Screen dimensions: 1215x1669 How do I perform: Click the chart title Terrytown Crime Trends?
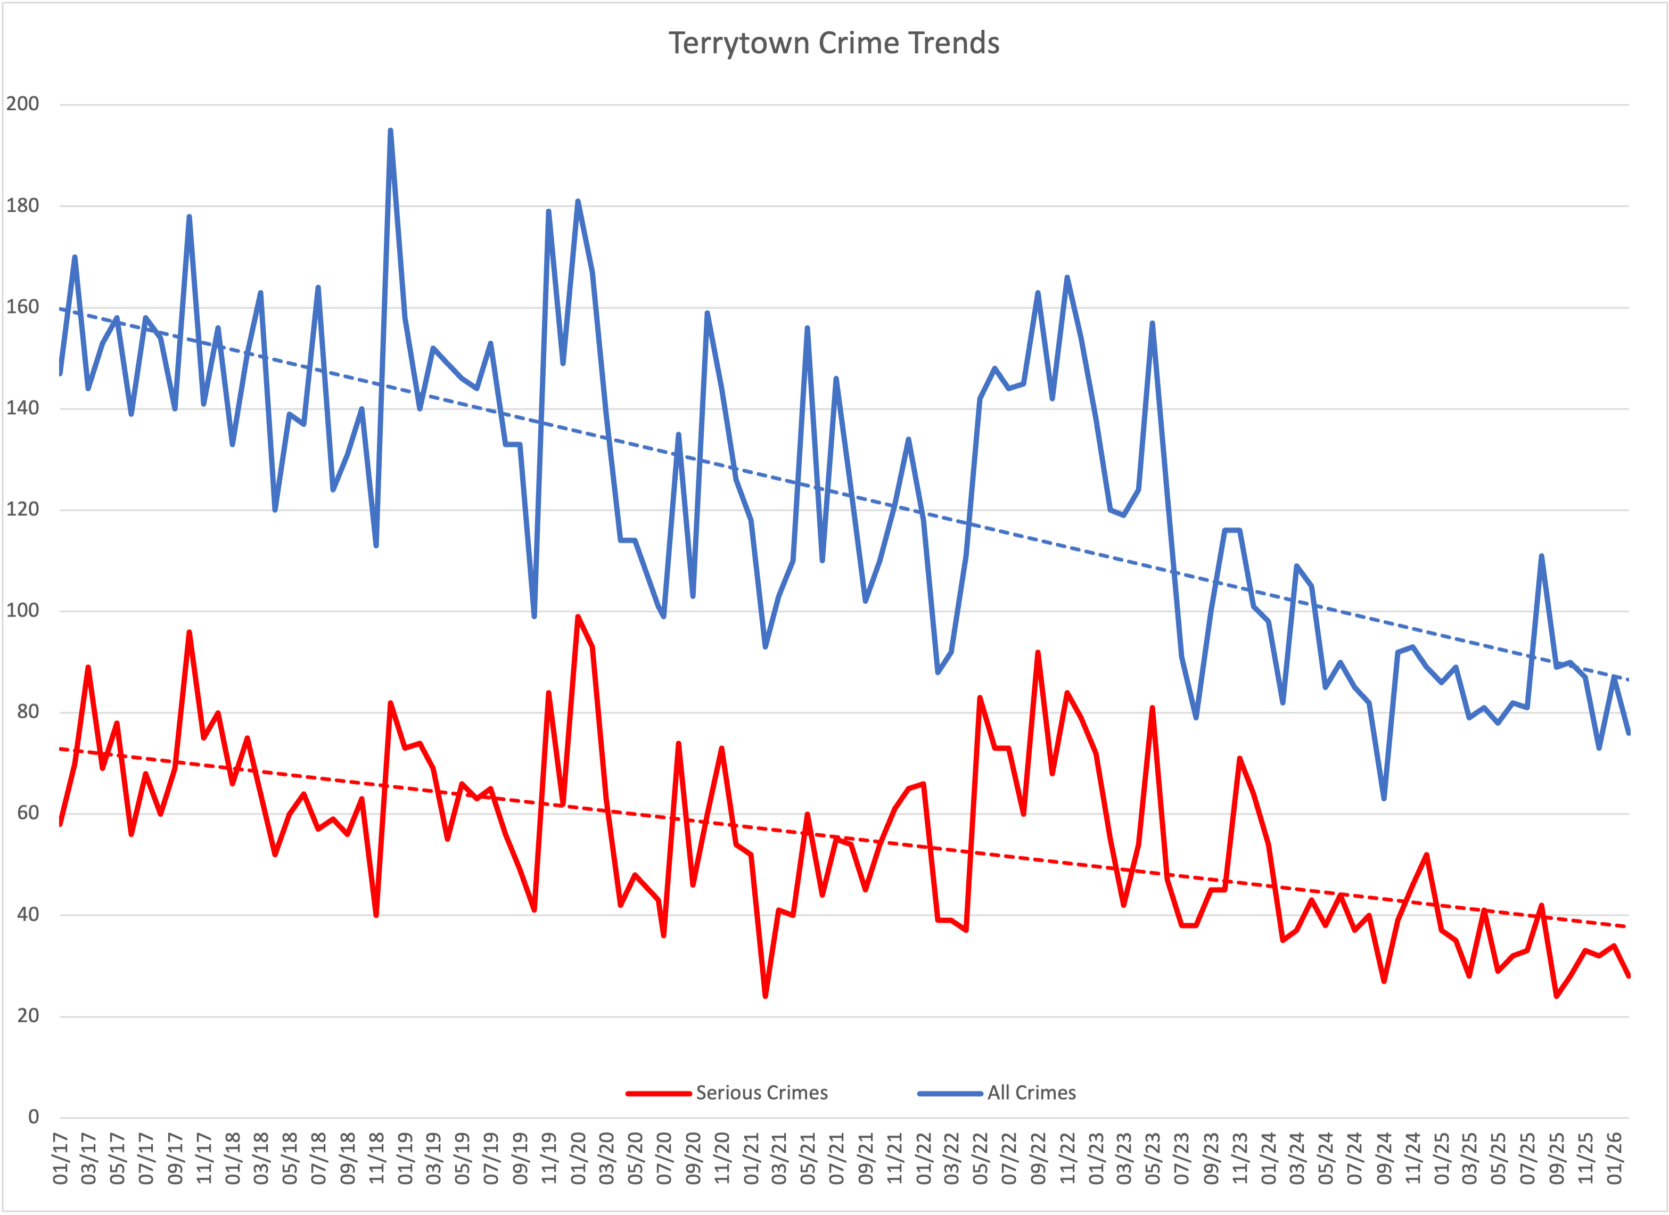coord(833,43)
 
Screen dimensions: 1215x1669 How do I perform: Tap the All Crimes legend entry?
coord(1031,1093)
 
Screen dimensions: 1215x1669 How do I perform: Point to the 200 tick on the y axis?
coord(23,104)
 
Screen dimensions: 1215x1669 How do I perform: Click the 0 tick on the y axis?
coord(33,1117)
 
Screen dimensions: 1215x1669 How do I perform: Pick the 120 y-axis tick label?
coord(23,509)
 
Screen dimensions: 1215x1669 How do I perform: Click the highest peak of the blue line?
coord(390,130)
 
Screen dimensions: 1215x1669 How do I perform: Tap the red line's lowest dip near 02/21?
coord(766,996)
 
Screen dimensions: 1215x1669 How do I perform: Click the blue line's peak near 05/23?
coord(1153,323)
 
